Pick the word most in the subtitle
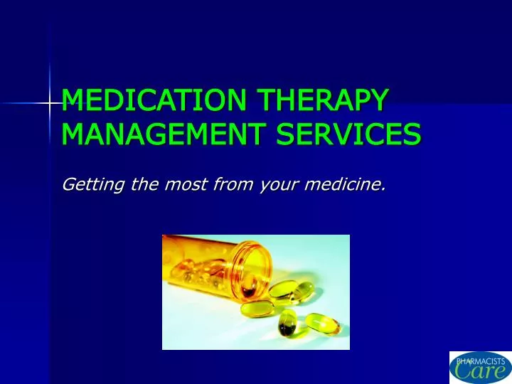[x=191, y=186]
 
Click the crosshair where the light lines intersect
[x=50, y=104]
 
